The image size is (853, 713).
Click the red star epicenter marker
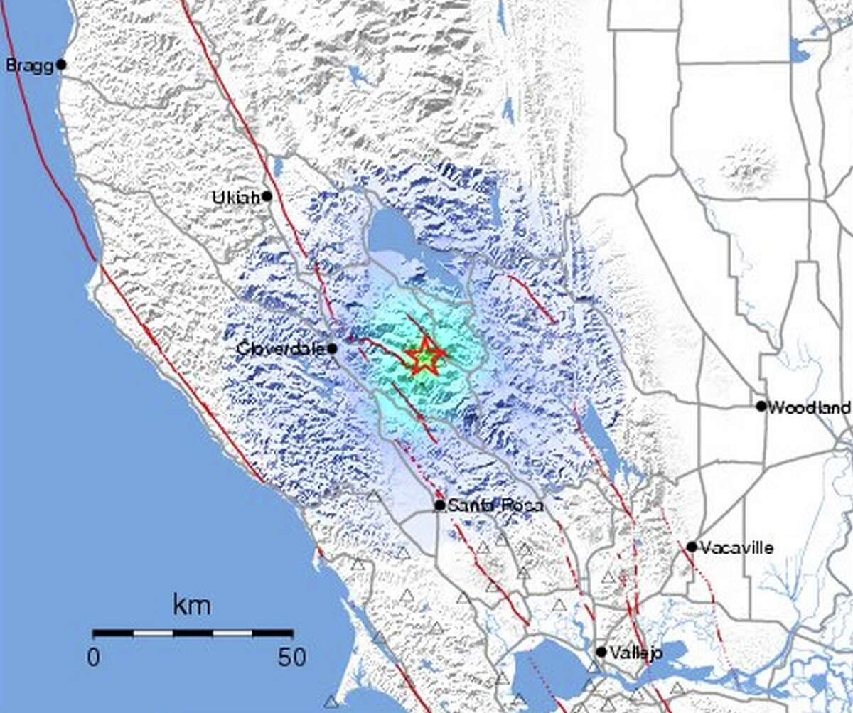click(x=424, y=353)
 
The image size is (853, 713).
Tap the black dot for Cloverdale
click(x=332, y=348)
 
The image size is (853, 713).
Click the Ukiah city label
click(x=236, y=198)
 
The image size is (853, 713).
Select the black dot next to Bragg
click(x=61, y=65)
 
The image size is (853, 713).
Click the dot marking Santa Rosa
click(x=440, y=505)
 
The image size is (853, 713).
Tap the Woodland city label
click(x=810, y=407)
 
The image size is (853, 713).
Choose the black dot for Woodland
click(x=761, y=407)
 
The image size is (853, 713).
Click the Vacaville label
click(x=736, y=547)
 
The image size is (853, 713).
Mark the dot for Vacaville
click(x=692, y=547)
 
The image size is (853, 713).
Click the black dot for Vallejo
click(x=601, y=652)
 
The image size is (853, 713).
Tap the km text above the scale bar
click(x=191, y=606)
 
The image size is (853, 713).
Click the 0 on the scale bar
click(x=94, y=657)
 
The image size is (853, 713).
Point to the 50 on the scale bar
click(x=291, y=657)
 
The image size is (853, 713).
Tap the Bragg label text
click(x=29, y=66)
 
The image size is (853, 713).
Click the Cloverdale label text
click(x=281, y=349)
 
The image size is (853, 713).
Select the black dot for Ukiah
click(x=267, y=196)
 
